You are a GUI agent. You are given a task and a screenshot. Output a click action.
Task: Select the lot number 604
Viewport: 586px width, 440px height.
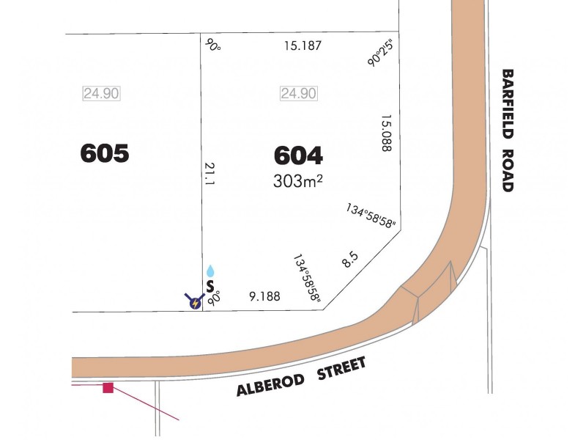pyautogui.click(x=298, y=155)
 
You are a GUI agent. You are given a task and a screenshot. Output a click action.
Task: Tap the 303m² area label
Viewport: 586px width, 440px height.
pyautogui.click(x=298, y=181)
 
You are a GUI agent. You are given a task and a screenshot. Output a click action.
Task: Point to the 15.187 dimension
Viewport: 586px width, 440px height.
pyautogui.click(x=303, y=46)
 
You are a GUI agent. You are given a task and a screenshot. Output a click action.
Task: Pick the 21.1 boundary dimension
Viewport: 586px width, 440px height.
pyautogui.click(x=209, y=176)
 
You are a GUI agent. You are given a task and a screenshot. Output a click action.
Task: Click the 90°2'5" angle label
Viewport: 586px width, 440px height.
pyautogui.click(x=381, y=52)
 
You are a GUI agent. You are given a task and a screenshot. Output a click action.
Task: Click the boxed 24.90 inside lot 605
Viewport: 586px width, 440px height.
pyautogui.click(x=101, y=93)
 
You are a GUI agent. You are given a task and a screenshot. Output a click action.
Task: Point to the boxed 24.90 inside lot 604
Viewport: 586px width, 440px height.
pyautogui.click(x=298, y=93)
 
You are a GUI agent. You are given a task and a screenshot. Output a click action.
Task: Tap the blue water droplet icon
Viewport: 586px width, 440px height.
pyautogui.click(x=211, y=271)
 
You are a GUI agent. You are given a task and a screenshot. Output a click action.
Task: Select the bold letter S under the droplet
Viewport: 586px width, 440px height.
pyautogui.click(x=210, y=285)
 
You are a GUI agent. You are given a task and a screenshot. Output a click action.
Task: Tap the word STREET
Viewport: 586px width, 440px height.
pyautogui.click(x=341, y=367)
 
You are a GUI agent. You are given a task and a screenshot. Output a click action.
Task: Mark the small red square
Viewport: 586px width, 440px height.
pyautogui.click(x=108, y=387)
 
